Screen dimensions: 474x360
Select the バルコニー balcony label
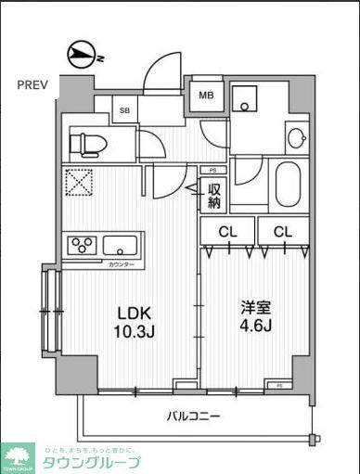[193, 416]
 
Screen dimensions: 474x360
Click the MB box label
[204, 95]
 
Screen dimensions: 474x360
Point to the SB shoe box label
[124, 111]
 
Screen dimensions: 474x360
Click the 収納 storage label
[213, 196]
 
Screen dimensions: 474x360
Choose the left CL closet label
[226, 231]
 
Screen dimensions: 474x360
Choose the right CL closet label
[283, 231]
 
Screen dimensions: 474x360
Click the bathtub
[288, 184]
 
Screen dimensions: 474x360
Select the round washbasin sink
[295, 139]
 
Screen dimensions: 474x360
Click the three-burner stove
[81, 246]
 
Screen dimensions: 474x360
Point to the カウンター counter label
[121, 265]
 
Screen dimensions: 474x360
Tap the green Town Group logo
[18, 456]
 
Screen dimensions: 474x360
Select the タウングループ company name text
[91, 462]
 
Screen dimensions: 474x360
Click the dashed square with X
[79, 182]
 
